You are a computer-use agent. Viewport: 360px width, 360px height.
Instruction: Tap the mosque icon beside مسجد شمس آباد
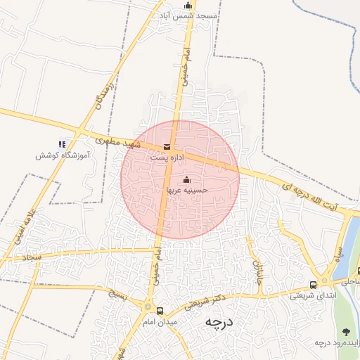[187, 6]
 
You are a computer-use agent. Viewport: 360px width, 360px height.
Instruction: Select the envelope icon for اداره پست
[167, 147]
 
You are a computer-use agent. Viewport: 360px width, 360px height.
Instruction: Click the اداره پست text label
[166, 158]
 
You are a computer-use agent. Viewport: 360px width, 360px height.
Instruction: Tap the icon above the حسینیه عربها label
[186, 180]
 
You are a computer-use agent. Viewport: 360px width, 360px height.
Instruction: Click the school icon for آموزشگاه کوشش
[62, 144]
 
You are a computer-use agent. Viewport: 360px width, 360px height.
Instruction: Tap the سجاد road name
[32, 259]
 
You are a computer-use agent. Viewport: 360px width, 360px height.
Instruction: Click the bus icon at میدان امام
[160, 311]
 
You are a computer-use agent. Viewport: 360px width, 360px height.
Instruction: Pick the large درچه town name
[218, 322]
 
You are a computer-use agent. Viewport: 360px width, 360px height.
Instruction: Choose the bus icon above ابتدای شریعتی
[313, 285]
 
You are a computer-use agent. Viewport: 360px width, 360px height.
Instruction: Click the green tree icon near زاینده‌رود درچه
[346, 331]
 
